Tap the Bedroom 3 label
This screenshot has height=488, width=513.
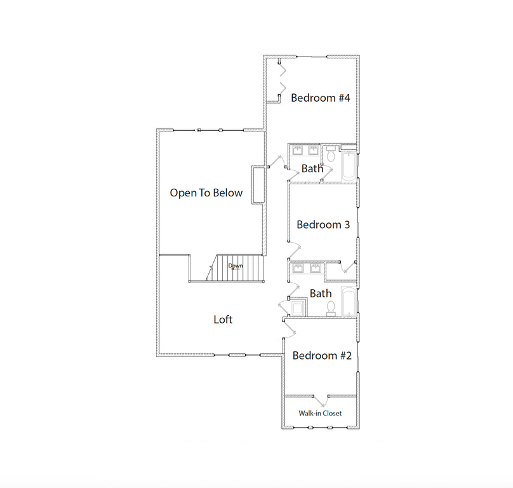click(x=323, y=225)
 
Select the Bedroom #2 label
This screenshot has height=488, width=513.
click(x=322, y=356)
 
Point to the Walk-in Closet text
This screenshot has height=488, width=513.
click(x=320, y=413)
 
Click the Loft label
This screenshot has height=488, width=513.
click(x=223, y=320)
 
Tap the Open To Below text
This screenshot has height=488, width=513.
click(x=206, y=193)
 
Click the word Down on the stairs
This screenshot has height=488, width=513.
click(x=236, y=266)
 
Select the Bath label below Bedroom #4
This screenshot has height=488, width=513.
click(x=312, y=168)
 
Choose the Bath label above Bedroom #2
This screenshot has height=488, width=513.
click(x=321, y=293)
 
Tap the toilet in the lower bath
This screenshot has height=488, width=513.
click(x=331, y=308)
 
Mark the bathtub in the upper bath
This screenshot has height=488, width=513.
click(x=349, y=166)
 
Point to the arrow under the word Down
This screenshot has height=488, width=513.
click(x=236, y=269)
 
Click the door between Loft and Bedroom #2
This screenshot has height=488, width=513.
click(x=290, y=328)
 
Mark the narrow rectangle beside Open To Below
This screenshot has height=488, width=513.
click(x=258, y=185)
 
